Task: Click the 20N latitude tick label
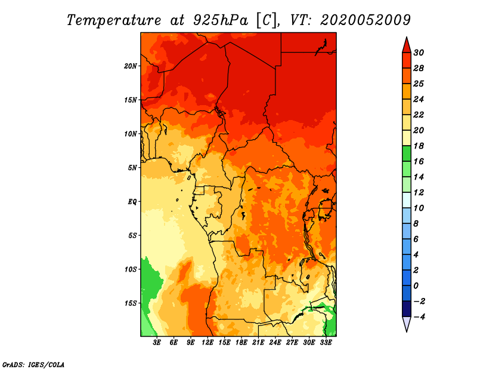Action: (131, 66)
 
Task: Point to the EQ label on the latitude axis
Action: (132, 202)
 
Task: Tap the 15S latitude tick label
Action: (131, 303)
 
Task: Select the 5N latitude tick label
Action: (132, 168)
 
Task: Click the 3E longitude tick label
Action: (157, 343)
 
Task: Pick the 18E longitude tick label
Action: (241, 343)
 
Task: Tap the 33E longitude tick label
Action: (326, 343)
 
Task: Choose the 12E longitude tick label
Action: (207, 343)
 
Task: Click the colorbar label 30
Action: (419, 53)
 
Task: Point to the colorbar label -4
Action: (419, 317)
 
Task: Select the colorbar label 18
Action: (419, 146)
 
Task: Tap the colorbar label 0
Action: (416, 286)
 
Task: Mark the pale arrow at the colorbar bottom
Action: (407, 323)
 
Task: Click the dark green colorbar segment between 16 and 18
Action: (407, 153)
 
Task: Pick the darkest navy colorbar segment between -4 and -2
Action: (407, 309)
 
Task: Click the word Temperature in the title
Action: (114, 20)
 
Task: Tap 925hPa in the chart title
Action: (221, 20)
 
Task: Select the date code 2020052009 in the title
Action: (366, 20)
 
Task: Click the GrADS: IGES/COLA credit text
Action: (33, 365)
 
